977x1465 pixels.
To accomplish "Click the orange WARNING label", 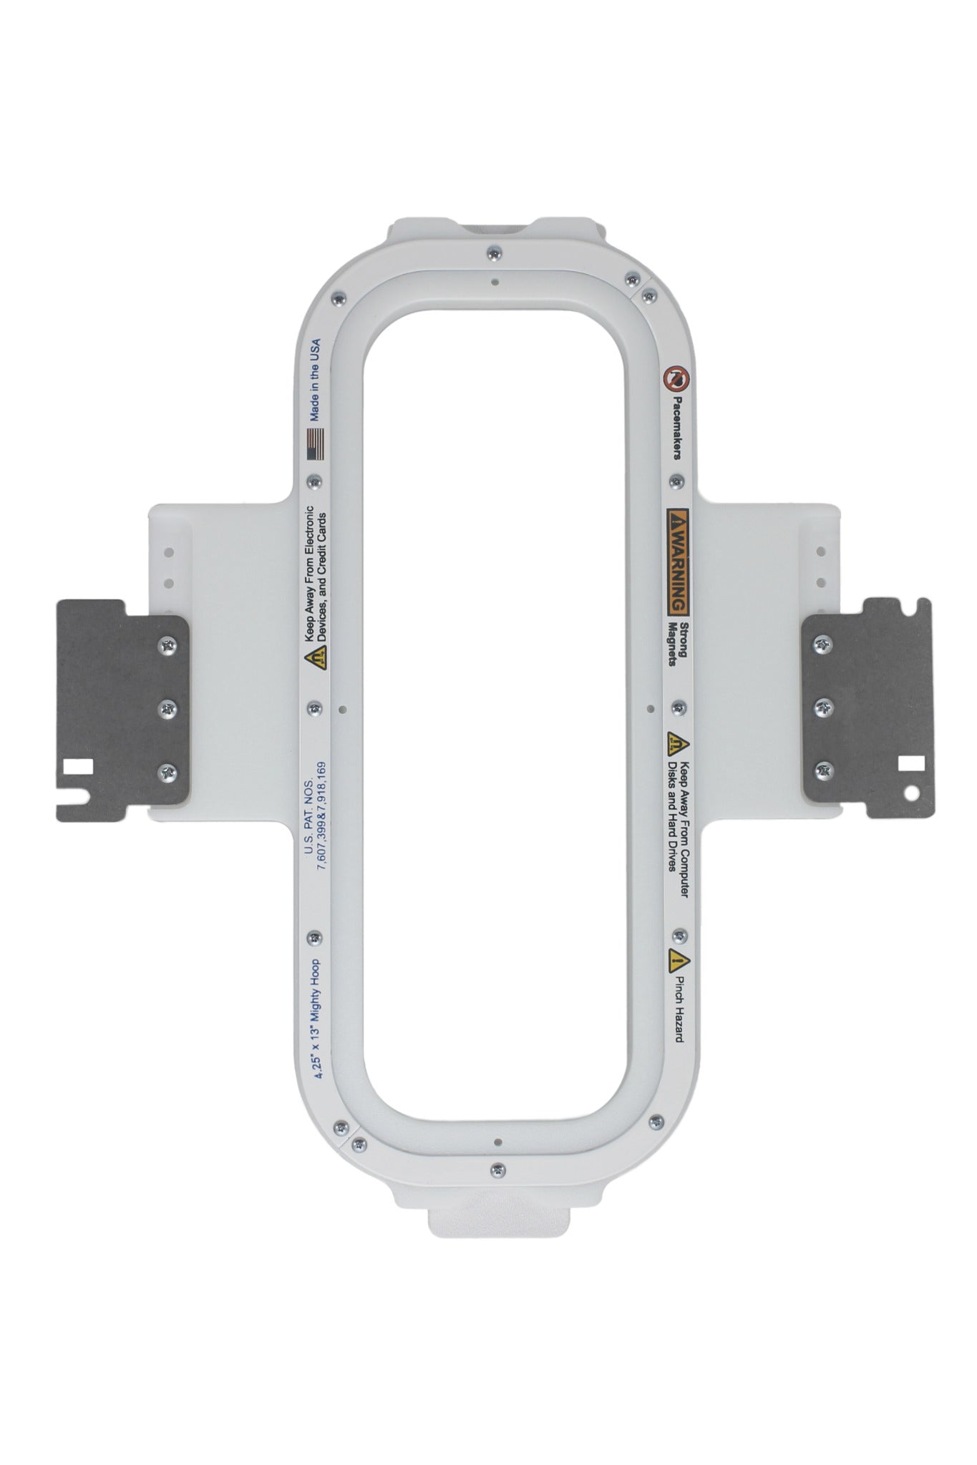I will (678, 562).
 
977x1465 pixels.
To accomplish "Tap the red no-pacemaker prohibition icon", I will (674, 377).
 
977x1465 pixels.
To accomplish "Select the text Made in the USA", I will (314, 379).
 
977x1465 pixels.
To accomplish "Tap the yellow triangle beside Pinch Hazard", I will (675, 959).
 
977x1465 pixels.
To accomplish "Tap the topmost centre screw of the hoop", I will (492, 253).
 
